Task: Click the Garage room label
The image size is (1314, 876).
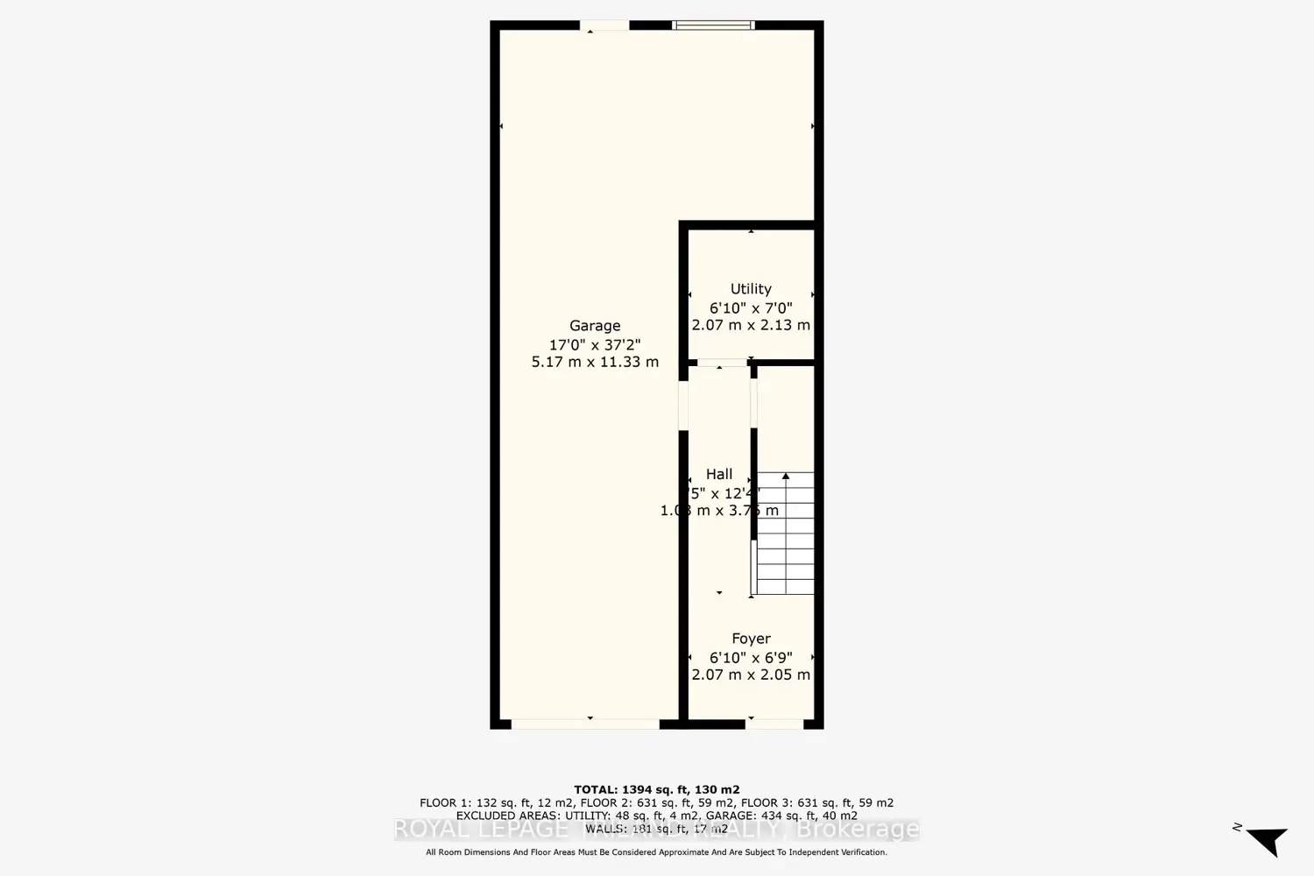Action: click(595, 326)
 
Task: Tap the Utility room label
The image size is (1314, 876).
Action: click(751, 289)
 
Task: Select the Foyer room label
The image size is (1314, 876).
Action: click(751, 639)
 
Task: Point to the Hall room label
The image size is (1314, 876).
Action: click(719, 474)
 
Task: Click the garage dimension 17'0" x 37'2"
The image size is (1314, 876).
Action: click(595, 344)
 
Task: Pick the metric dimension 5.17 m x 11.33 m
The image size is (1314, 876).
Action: click(595, 362)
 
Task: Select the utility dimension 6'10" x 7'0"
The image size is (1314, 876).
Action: click(751, 307)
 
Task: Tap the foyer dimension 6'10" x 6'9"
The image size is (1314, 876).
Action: click(751, 657)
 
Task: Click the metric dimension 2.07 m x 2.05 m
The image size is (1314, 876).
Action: click(751, 675)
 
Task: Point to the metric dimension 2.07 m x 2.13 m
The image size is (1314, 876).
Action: click(751, 325)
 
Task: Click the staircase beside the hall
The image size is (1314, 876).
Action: click(786, 534)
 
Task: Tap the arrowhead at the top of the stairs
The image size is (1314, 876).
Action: click(786, 477)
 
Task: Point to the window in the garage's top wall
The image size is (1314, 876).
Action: click(713, 25)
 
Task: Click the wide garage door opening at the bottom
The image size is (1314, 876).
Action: click(585, 724)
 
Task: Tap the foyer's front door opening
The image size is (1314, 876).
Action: click(774, 724)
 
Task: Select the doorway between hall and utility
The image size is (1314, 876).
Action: click(722, 362)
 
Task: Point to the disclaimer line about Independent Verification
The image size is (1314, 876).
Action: click(656, 852)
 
